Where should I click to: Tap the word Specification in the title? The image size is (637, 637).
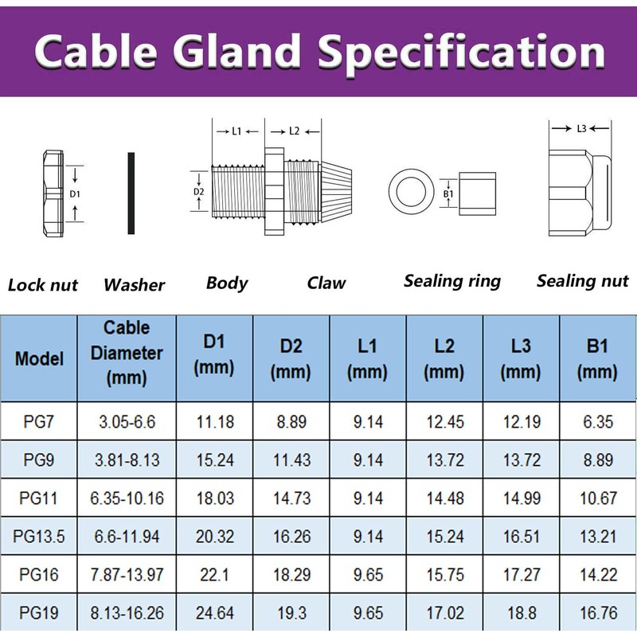click(470, 53)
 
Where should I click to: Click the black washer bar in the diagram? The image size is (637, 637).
click(131, 193)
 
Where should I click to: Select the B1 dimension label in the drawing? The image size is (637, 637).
click(447, 193)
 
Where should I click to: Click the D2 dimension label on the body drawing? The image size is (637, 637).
click(199, 191)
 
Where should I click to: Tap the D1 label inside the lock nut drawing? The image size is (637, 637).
click(74, 193)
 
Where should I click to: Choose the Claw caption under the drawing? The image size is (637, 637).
click(326, 283)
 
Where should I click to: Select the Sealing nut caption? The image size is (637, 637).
click(582, 281)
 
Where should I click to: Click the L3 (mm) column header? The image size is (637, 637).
click(522, 358)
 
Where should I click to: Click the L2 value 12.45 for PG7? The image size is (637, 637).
click(444, 422)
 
